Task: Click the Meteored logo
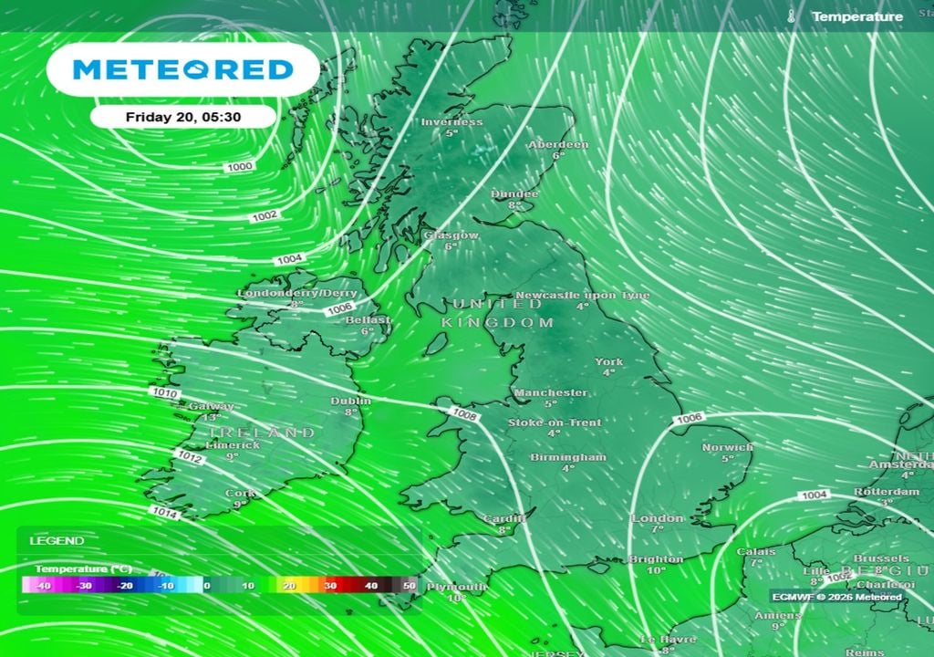pos(182,69)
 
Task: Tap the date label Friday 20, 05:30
pos(182,117)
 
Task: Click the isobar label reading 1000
pos(241,167)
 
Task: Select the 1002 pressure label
pos(265,215)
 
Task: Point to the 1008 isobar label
pos(463,414)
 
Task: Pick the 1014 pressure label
pos(165,513)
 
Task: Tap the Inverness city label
pos(451,122)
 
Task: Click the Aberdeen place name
pos(558,145)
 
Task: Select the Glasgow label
pos(451,235)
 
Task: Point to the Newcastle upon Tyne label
pos(583,296)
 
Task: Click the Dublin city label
pos(351,401)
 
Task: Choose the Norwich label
pos(727,447)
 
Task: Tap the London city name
pos(657,518)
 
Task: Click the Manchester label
pos(550,392)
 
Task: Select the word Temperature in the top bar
pos(857,16)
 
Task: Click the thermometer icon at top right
pos(791,16)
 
